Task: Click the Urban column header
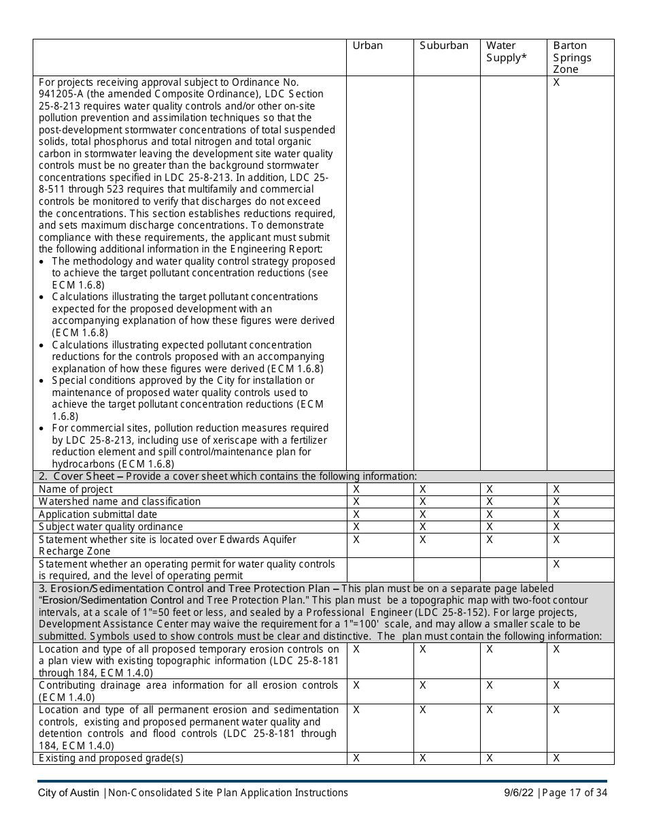pos(367,46)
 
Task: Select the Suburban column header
pos(443,46)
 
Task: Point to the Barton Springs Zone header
pos(572,57)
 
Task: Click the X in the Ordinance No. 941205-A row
pos(556,82)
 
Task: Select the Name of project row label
pos(75,489)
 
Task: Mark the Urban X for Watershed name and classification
pos(356,502)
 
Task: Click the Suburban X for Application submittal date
pos(422,514)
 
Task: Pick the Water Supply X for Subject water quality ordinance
pos(489,527)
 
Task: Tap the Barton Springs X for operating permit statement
pos(556,564)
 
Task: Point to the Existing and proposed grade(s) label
pos(111,758)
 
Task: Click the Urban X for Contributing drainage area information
pos(356,685)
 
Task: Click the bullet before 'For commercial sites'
pos(43,429)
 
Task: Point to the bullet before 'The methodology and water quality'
pos(43,261)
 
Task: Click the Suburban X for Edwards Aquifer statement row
pos(422,540)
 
